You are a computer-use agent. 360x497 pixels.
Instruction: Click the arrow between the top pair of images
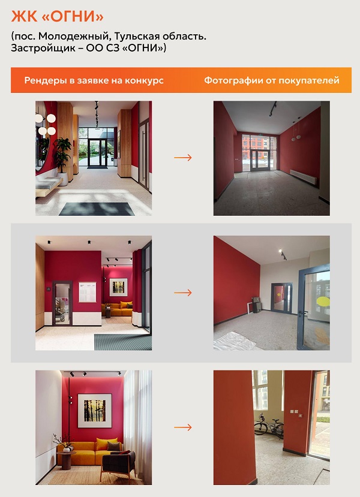[183, 158]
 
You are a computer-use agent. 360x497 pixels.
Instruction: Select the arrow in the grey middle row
[183, 293]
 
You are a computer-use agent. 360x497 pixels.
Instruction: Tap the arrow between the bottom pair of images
[183, 427]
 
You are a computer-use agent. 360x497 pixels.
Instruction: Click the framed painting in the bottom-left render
[95, 411]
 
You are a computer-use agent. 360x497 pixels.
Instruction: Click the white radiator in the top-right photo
[303, 177]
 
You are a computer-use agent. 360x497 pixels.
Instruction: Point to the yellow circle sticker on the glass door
[323, 302]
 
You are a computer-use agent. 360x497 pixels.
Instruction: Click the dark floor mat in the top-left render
[97, 209]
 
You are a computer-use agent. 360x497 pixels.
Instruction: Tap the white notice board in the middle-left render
[87, 292]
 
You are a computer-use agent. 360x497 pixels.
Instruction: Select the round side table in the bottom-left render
[66, 460]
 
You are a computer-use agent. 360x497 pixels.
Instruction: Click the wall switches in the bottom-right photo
[295, 412]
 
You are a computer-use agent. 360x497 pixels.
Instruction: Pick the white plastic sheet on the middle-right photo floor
[233, 341]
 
